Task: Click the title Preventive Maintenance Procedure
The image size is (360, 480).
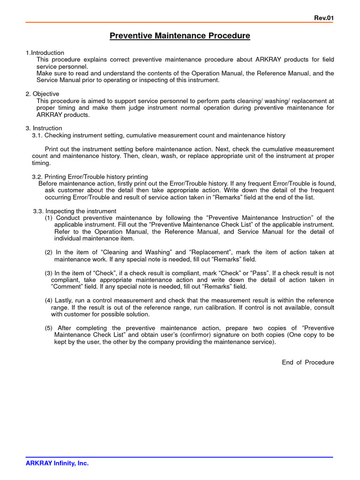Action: click(x=180, y=36)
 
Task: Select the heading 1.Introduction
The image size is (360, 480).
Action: click(x=45, y=52)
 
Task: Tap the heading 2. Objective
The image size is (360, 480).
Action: click(x=42, y=94)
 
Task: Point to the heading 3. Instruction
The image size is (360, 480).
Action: click(x=44, y=128)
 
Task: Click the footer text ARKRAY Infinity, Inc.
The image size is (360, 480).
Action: click(x=57, y=463)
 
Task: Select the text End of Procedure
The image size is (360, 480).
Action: click(x=308, y=362)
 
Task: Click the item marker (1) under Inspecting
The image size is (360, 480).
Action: click(x=49, y=218)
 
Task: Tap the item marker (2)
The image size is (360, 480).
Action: click(x=49, y=252)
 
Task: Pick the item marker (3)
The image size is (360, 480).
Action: click(x=49, y=273)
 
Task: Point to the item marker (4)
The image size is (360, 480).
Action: click(x=49, y=300)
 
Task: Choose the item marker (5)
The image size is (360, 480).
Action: click(x=49, y=328)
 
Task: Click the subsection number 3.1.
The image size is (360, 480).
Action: click(x=37, y=135)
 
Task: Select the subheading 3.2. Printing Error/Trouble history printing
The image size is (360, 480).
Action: click(x=90, y=177)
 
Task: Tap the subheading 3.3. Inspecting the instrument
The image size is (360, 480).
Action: click(x=75, y=211)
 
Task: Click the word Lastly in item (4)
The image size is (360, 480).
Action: click(x=65, y=300)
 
